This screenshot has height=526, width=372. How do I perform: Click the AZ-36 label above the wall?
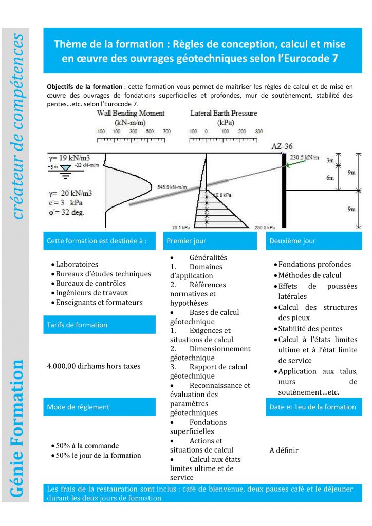(x=282, y=147)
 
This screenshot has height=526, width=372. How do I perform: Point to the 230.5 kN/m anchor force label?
(x=304, y=157)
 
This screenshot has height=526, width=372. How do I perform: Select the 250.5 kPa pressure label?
(x=265, y=227)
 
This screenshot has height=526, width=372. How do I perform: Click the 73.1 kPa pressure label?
(x=180, y=227)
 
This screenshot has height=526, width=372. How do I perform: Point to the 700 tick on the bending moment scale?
(x=166, y=132)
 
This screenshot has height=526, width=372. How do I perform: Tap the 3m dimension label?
(x=330, y=161)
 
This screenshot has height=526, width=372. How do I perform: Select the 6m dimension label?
(x=330, y=178)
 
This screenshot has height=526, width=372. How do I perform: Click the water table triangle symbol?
(x=66, y=168)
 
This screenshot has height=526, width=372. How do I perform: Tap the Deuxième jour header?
(x=292, y=240)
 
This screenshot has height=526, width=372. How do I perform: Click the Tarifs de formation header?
(x=77, y=325)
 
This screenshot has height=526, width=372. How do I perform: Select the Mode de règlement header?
(x=78, y=407)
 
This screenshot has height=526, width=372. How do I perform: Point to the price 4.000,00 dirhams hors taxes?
(x=94, y=366)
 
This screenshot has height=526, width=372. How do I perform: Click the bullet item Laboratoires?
(x=77, y=265)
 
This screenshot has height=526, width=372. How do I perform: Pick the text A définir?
(x=284, y=450)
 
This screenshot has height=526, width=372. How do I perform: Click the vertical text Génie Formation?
(x=17, y=429)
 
